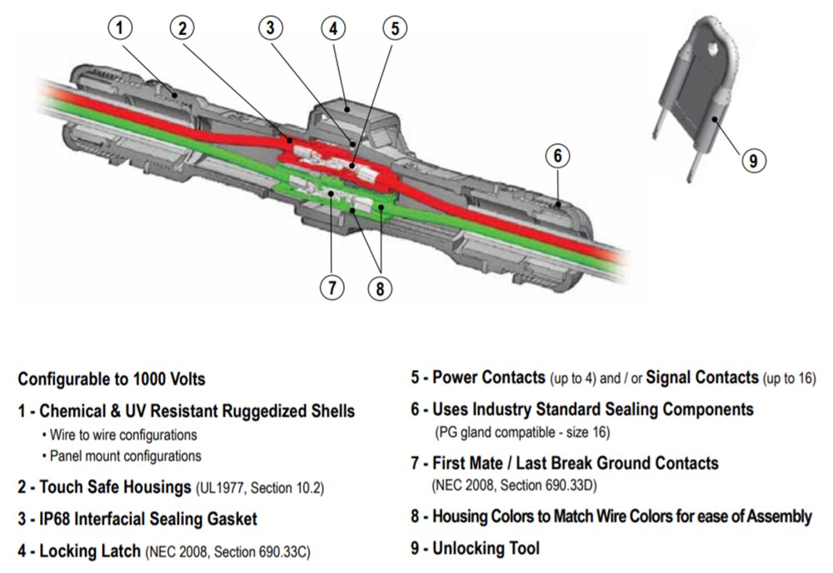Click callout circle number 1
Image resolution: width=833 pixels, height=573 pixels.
121,28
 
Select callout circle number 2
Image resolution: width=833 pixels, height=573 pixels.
182,28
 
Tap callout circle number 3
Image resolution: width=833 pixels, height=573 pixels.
270,28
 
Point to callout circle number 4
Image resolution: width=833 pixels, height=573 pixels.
333,28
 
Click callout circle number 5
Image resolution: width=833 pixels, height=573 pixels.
395,28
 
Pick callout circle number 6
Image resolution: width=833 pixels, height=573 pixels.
558,156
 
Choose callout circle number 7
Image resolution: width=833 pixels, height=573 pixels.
332,287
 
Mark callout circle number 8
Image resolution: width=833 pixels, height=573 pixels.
380,287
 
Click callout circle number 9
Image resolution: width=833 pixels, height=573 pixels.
753,160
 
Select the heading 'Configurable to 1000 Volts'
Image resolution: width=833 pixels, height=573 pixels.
112,379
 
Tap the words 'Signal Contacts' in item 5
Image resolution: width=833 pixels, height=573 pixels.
702,378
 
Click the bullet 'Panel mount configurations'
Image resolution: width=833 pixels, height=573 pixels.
125,456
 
